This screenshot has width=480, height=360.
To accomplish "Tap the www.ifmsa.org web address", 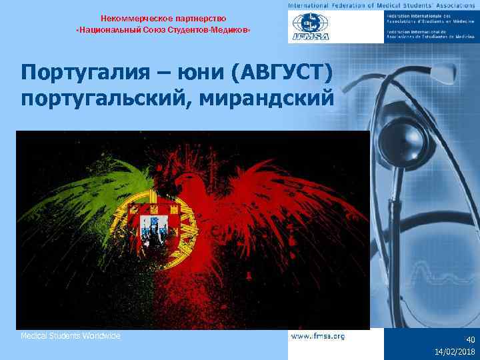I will coord(318,337).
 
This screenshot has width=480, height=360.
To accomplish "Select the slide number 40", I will coord(470,339).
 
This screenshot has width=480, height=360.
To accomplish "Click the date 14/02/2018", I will coord(455,351).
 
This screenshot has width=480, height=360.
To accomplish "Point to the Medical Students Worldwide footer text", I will coord(70,336).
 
